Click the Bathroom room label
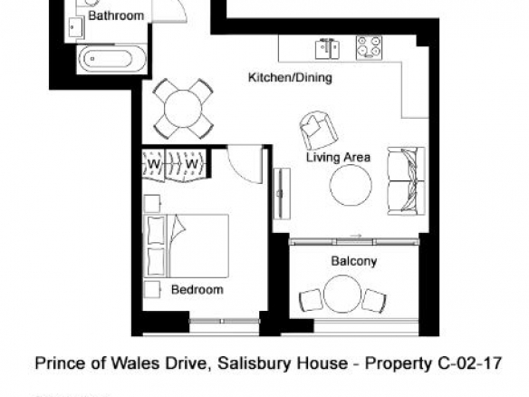(x=116, y=15)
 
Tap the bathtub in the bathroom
(x=111, y=58)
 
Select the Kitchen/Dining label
(x=290, y=77)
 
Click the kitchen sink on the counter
(x=327, y=49)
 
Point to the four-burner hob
(x=369, y=48)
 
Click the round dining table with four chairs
(x=183, y=109)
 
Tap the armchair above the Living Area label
(x=318, y=130)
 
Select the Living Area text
(x=339, y=158)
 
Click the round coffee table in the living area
(x=351, y=185)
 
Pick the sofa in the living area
(x=406, y=181)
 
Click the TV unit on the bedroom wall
(x=282, y=193)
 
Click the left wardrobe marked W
(x=153, y=164)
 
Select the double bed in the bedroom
(x=187, y=246)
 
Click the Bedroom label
(x=197, y=290)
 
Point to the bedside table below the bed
(x=152, y=290)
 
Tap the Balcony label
(x=354, y=261)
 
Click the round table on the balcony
(x=342, y=294)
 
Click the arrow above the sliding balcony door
(x=356, y=236)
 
